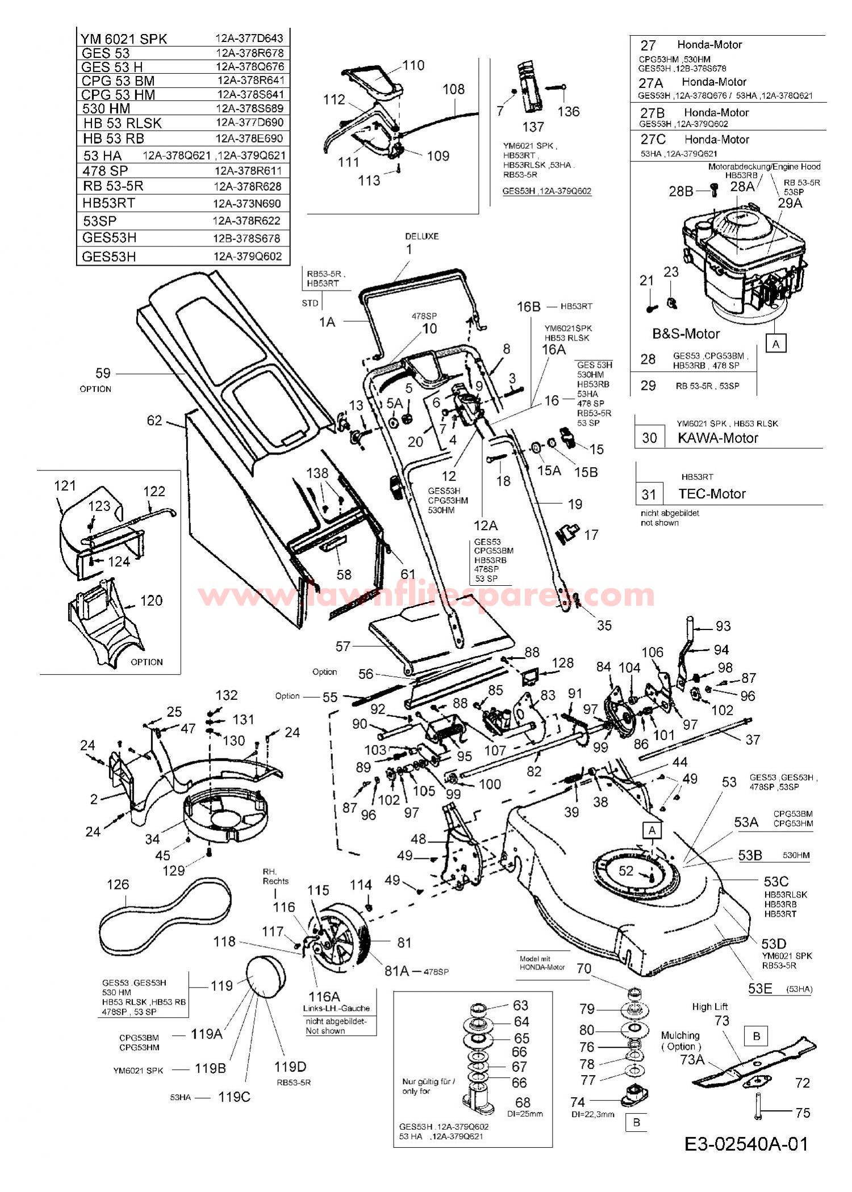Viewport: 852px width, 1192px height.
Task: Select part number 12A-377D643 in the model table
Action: [x=249, y=39]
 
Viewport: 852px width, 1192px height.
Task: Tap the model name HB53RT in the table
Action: [x=108, y=203]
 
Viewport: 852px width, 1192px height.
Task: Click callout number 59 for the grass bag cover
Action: [x=103, y=373]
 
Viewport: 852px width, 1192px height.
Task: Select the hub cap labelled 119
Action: [x=265, y=977]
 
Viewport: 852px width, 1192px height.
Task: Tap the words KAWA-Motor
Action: [x=718, y=438]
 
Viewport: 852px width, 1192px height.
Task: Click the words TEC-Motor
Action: [x=712, y=493]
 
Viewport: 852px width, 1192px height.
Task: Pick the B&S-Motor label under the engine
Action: [x=686, y=333]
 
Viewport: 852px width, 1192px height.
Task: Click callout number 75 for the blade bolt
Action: [x=803, y=1113]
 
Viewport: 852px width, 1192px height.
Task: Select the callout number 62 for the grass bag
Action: [x=154, y=421]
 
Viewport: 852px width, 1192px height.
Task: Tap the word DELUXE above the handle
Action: [x=421, y=236]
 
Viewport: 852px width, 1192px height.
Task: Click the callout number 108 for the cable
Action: [x=453, y=89]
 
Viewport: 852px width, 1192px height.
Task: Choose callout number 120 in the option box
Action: [x=151, y=600]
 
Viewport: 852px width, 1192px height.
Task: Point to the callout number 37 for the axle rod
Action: [x=753, y=740]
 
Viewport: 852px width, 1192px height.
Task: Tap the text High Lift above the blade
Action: [x=709, y=1006]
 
